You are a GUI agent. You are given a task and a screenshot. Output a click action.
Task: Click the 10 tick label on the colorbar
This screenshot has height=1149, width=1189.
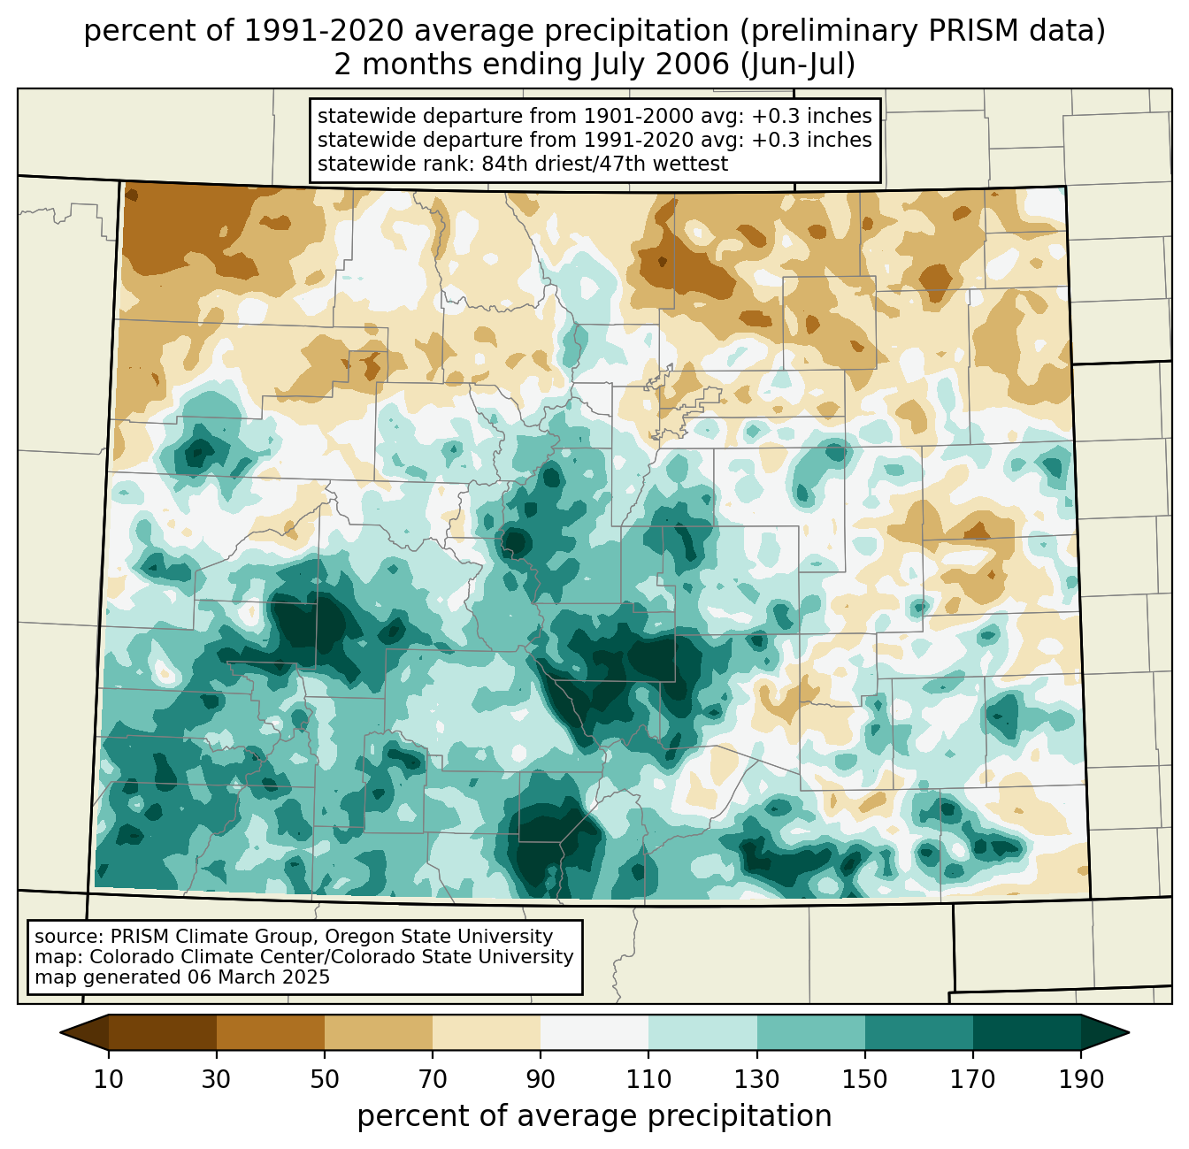tap(109, 1080)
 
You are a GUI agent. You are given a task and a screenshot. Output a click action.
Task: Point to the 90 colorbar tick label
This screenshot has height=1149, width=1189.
tap(541, 1080)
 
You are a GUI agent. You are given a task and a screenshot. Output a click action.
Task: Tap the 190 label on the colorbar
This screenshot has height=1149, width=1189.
tap(1080, 1080)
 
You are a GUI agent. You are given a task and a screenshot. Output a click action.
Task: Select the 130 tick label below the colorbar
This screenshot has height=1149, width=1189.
tap(756, 1080)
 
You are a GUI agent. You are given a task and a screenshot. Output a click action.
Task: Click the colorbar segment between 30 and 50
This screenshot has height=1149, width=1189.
tap(271, 1032)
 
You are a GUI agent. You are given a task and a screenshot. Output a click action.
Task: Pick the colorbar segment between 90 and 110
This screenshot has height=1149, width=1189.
tap(594, 1032)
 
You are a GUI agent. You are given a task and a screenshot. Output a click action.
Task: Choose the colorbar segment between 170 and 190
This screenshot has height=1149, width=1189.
tap(1026, 1032)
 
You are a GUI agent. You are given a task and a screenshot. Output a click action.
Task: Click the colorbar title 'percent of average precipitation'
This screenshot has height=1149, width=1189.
tap(594, 1116)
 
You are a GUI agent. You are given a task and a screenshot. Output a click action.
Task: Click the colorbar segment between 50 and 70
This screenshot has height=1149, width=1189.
tap(379, 1032)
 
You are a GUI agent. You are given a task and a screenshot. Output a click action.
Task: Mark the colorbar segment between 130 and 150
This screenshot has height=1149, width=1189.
tap(810, 1032)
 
